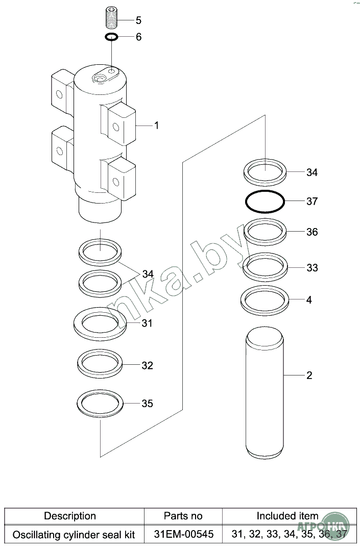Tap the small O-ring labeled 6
tap(112, 37)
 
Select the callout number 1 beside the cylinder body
tap(156, 125)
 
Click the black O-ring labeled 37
tap(265, 201)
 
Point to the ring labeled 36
tap(265, 231)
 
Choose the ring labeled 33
tap(265, 267)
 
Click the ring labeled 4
tap(265, 299)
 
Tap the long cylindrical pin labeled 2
tap(264, 393)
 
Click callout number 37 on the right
tap(312, 202)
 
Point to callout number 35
tap(147, 404)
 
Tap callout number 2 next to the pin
tap(309, 376)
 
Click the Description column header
tap(70, 516)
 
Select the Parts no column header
tap(183, 516)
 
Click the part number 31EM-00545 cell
tap(183, 535)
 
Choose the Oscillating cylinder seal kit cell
tap(74, 535)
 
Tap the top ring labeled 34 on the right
tap(265, 171)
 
